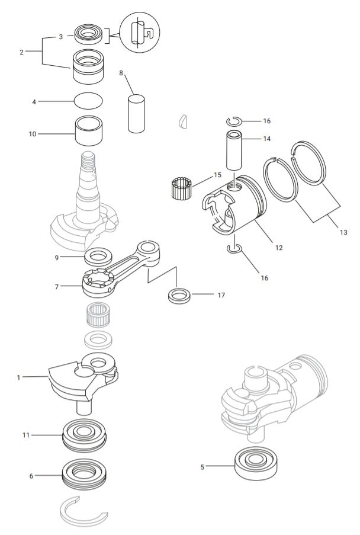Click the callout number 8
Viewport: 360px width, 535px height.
coord(121,73)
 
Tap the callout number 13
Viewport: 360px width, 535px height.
coord(343,232)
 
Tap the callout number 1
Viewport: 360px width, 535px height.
coord(18,377)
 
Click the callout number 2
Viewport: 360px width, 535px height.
coord(21,52)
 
